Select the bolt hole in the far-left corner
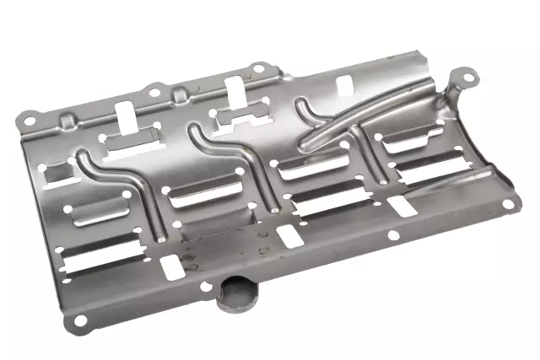tap(28, 121)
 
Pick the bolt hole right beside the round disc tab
tap(205, 287)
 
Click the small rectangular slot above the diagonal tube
tap(344, 84)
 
